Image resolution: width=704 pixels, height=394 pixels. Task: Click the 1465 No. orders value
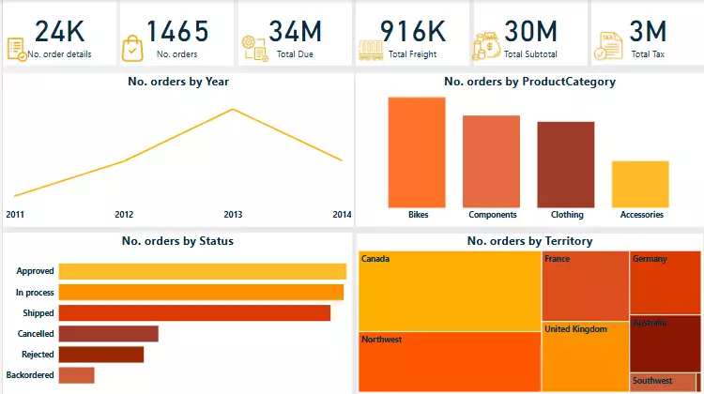[x=177, y=31]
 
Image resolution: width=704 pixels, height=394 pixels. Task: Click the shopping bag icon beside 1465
[x=133, y=47]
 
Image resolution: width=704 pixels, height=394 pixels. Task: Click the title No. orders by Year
[x=178, y=82]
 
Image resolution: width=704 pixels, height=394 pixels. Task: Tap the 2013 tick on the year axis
[x=233, y=215]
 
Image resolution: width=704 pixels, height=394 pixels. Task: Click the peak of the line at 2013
[x=233, y=110]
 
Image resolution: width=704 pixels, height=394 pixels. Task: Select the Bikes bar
[x=417, y=152]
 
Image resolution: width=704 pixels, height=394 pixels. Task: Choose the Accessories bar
[x=640, y=184]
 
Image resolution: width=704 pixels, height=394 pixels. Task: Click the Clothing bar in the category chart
[x=565, y=164]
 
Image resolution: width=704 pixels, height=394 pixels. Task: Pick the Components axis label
[x=492, y=215]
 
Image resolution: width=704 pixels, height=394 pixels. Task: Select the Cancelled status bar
[x=108, y=333]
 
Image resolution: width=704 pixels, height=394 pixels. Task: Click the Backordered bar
[x=76, y=375]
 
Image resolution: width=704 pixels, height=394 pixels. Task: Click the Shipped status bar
[x=194, y=312]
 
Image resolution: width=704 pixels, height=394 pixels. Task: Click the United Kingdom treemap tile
[x=585, y=356]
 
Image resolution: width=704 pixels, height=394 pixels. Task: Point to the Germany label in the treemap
[x=650, y=259]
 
